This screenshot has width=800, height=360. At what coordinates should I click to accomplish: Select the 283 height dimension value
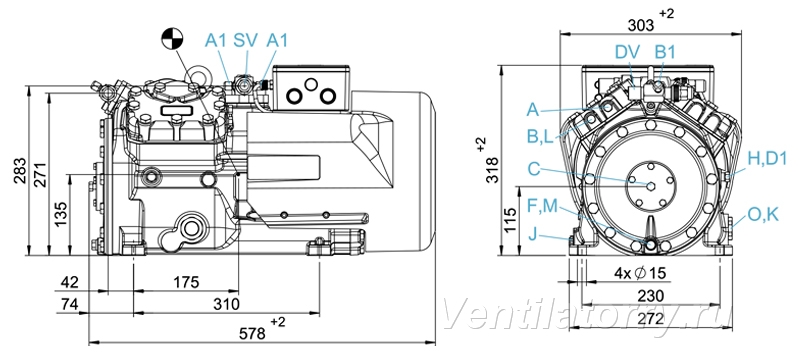[20, 171]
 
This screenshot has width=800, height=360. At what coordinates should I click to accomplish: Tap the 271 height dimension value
[40, 174]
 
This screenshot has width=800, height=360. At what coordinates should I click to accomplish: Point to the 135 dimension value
[60, 214]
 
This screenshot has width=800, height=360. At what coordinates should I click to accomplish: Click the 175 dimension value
[185, 282]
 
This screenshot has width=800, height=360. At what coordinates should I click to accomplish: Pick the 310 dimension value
[226, 304]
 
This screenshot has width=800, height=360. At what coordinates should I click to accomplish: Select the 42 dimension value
[70, 282]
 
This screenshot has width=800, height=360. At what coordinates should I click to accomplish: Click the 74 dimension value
[69, 304]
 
